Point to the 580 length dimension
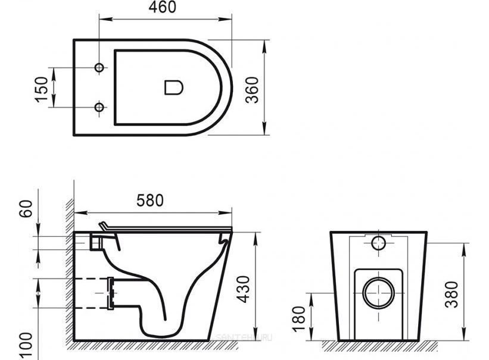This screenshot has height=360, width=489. click(x=150, y=201)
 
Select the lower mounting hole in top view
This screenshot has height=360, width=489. click(x=99, y=107)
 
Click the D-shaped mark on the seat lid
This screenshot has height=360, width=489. click(x=173, y=87)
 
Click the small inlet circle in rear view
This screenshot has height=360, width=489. click(x=378, y=242)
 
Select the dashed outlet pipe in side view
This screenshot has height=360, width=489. click(x=89, y=293)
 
